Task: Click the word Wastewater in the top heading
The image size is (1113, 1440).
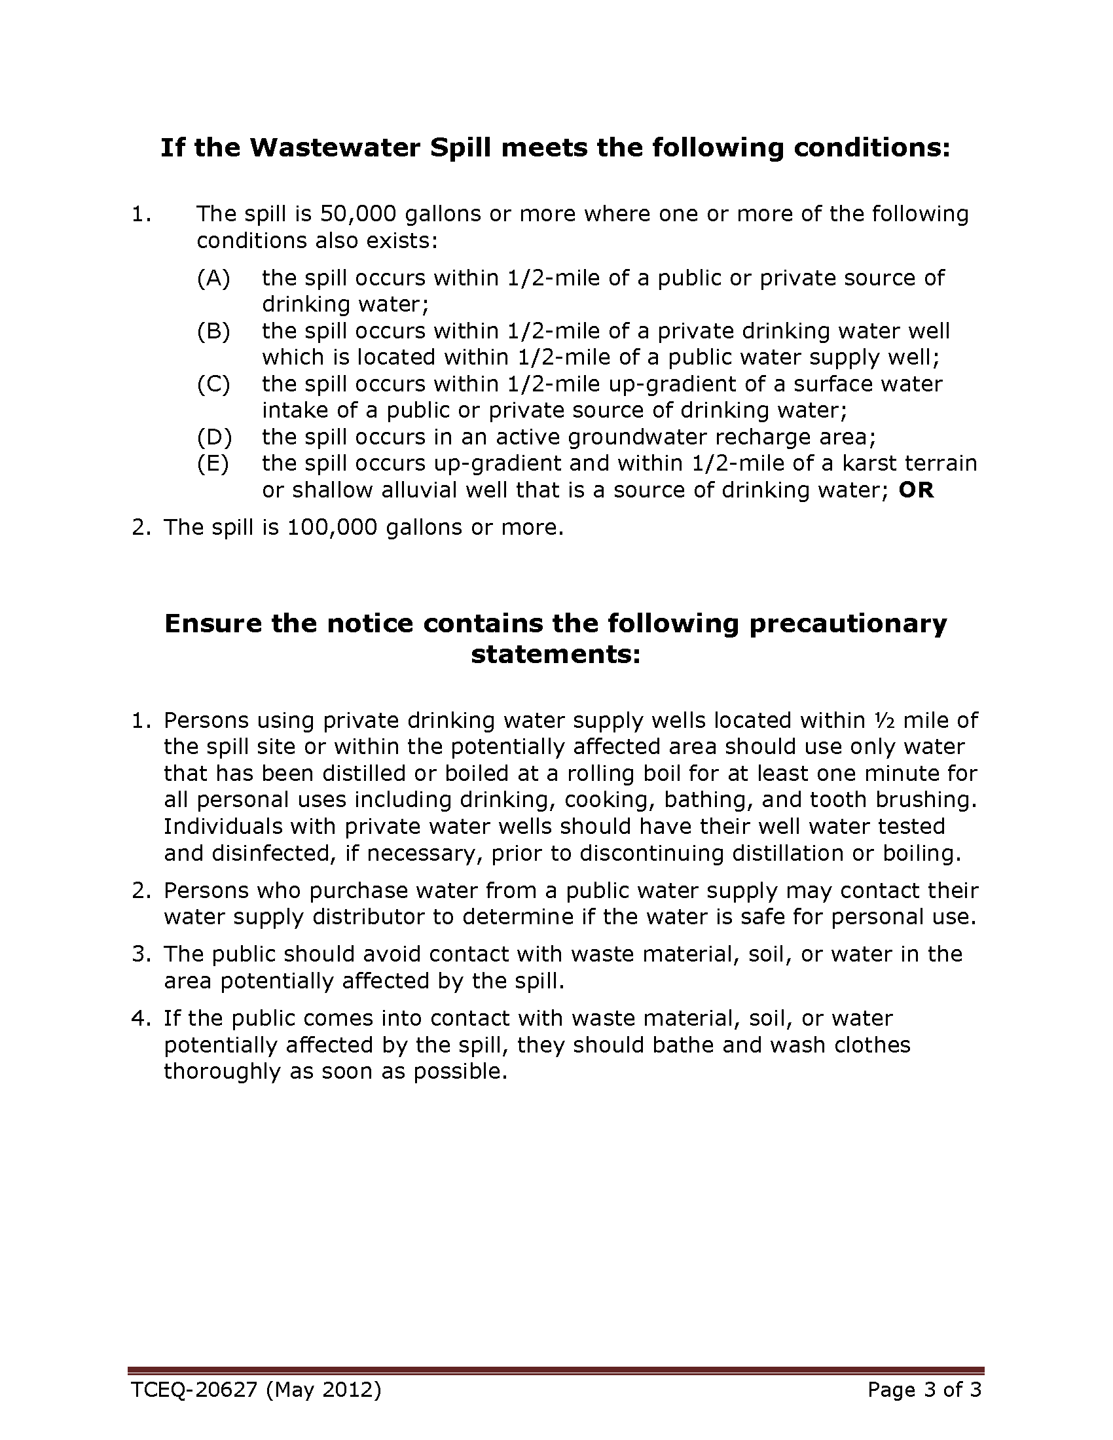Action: (335, 148)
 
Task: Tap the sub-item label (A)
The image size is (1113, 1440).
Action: (213, 278)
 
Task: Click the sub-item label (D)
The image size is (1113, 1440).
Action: (213, 437)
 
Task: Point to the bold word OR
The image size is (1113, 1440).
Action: (916, 490)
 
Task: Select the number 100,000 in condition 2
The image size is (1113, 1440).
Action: (332, 528)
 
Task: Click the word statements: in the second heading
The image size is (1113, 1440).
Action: (555, 655)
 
